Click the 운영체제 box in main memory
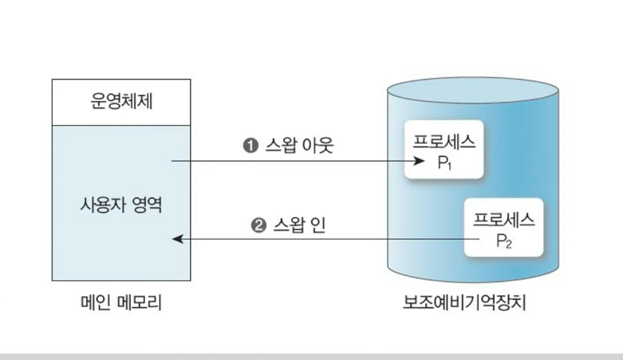click(x=121, y=102)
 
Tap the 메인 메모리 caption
click(x=121, y=303)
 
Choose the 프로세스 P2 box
click(x=504, y=228)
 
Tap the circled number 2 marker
click(x=259, y=225)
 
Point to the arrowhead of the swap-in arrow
click(x=176, y=240)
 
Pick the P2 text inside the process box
click(x=504, y=241)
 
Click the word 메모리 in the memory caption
click(x=141, y=303)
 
